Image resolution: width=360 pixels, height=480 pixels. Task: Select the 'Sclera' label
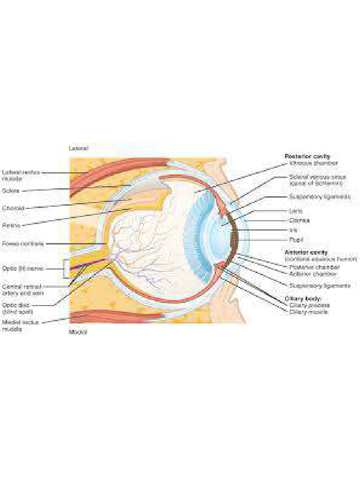tap(11, 191)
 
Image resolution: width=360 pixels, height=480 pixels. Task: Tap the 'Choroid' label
tap(13, 208)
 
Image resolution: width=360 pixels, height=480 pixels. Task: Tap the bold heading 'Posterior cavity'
tap(307, 156)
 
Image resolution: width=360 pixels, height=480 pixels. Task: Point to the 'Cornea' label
tap(299, 220)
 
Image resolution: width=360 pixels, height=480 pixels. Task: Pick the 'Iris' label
tap(293, 230)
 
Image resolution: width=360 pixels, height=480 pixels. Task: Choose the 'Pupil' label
tap(295, 239)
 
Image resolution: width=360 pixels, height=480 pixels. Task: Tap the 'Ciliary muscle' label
tap(308, 312)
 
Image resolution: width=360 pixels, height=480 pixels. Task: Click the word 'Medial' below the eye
tap(78, 332)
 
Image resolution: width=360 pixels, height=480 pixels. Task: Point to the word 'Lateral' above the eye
tap(78, 148)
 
